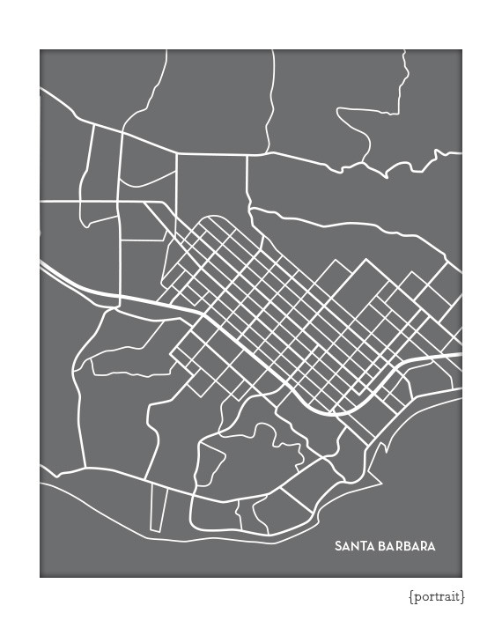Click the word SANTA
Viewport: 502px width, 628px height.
[353, 546]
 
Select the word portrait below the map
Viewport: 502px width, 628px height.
[437, 597]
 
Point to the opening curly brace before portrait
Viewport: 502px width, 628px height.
[410, 597]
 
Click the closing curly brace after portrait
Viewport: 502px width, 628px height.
[463, 597]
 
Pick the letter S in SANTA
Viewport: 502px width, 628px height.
[338, 546]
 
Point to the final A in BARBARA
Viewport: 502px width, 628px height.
[432, 546]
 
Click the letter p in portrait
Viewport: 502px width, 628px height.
[417, 598]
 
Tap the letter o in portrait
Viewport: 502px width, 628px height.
[424, 597]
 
